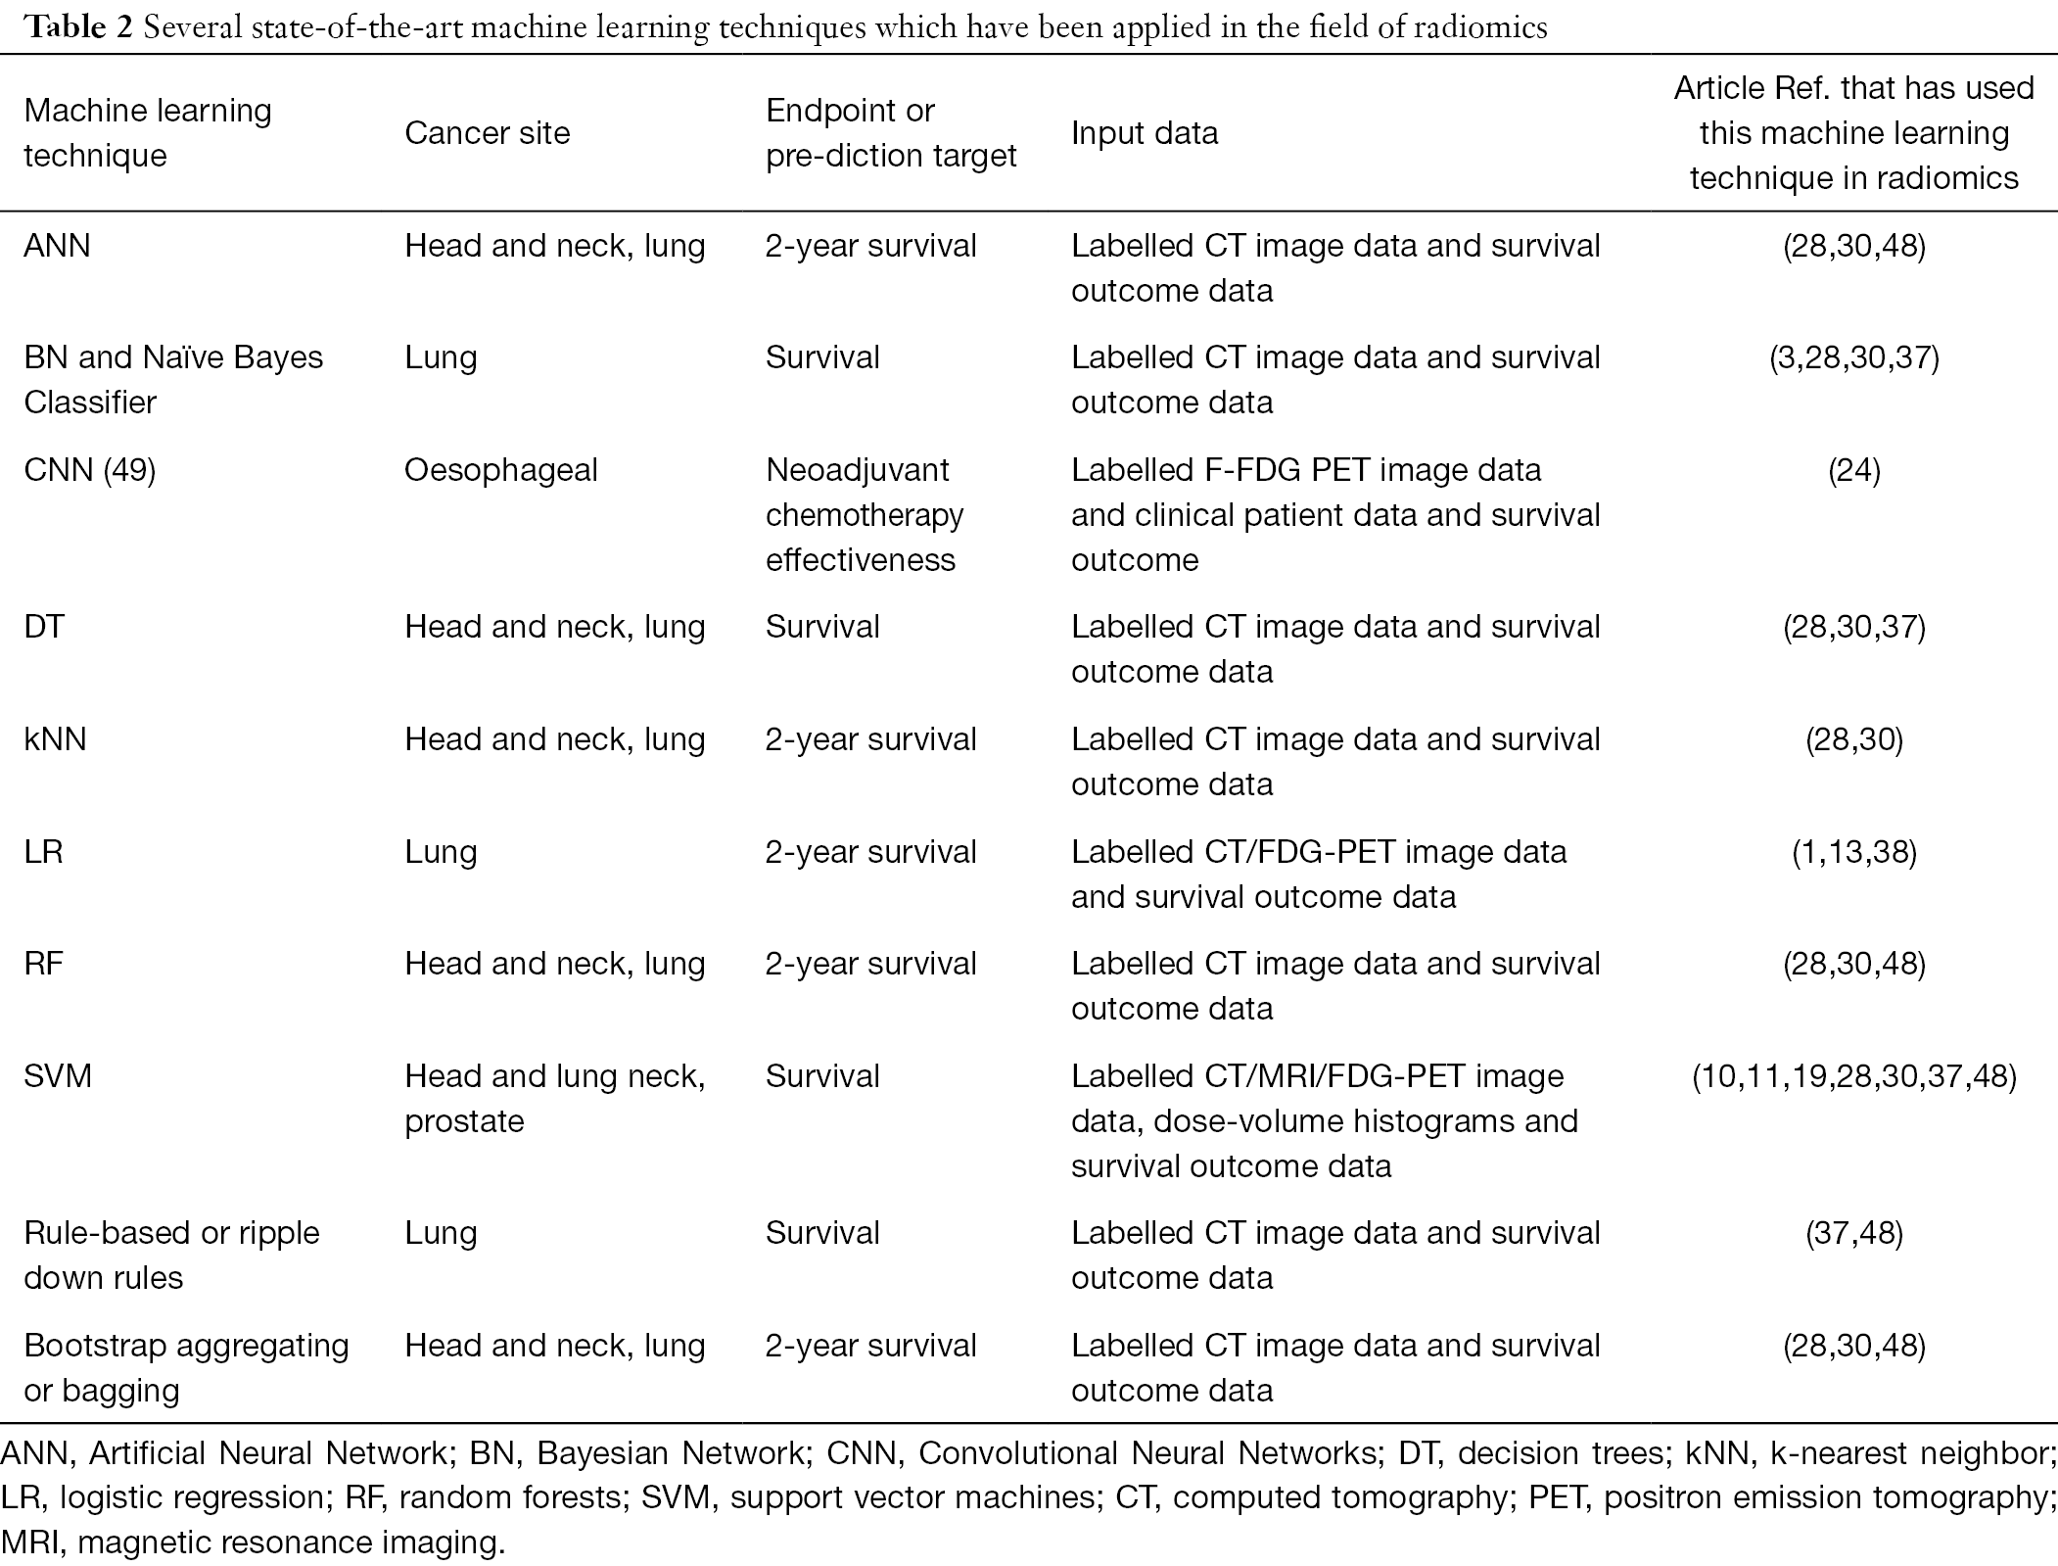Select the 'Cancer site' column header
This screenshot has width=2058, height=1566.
487,132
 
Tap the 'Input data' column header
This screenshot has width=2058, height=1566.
1145,132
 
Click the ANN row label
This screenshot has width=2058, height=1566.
57,245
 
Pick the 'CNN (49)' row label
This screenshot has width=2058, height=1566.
89,470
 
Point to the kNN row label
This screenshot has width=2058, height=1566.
55,738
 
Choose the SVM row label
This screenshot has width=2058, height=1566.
58,1076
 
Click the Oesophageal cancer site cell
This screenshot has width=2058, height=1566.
500,470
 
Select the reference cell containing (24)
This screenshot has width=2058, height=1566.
1853,471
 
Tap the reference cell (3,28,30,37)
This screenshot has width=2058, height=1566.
1853,358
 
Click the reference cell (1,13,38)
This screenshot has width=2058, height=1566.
1853,853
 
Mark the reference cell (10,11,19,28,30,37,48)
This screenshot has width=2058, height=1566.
1853,1077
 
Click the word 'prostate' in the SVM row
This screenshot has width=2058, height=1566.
464,1122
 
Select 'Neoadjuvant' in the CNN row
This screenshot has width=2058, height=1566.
857,471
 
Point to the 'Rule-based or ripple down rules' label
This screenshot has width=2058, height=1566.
171,1256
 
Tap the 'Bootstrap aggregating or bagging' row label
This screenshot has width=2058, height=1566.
186,1368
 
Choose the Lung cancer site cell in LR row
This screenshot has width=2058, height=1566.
441,853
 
